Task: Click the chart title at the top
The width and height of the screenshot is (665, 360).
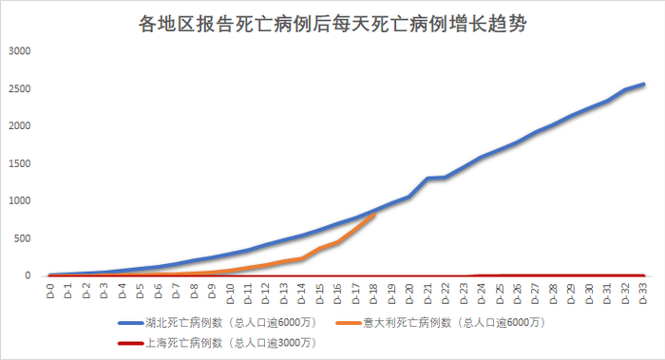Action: (332, 24)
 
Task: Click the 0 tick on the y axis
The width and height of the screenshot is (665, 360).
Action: (28, 275)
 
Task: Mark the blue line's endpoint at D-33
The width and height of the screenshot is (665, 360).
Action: (644, 85)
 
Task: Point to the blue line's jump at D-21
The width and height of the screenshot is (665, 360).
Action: (428, 178)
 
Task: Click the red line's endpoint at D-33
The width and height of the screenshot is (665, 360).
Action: (644, 275)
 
